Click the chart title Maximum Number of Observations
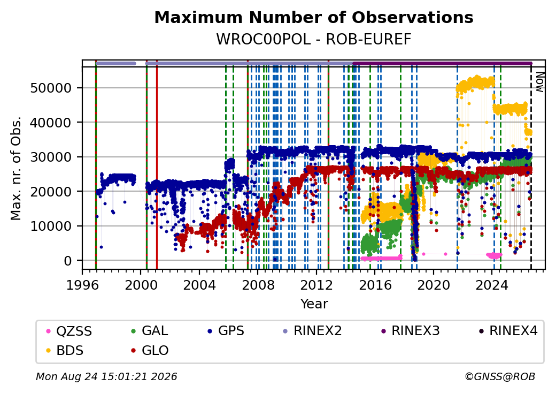pyautogui.click(x=314, y=17)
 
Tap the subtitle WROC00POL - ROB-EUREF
pyautogui.click(x=314, y=39)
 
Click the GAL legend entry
pyautogui.click(x=149, y=331)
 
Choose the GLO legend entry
pyautogui.click(x=150, y=350)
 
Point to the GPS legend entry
pyautogui.click(x=226, y=331)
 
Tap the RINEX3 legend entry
pyautogui.click(x=410, y=331)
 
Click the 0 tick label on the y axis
pyautogui.click(x=68, y=261)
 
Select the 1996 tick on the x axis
pyautogui.click(x=82, y=285)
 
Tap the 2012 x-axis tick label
pyautogui.click(x=316, y=285)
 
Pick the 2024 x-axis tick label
pyautogui.click(x=492, y=285)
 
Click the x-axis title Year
pyautogui.click(x=314, y=304)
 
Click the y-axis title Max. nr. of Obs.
pyautogui.click(x=16, y=168)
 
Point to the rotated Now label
pyautogui.click(x=539, y=82)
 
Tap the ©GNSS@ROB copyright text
pyautogui.click(x=500, y=376)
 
